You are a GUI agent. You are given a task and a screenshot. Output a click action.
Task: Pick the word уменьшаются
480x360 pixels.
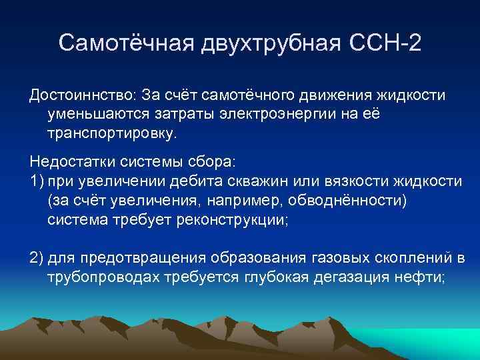[x=92, y=115]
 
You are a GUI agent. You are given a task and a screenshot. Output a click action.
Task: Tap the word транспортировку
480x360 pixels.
[x=113, y=133]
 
